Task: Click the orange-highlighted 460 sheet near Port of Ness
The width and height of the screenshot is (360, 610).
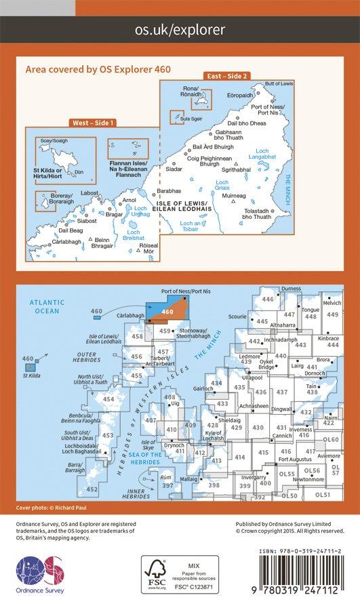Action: [x=167, y=311]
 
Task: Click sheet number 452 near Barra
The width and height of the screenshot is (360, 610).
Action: [x=92, y=489]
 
